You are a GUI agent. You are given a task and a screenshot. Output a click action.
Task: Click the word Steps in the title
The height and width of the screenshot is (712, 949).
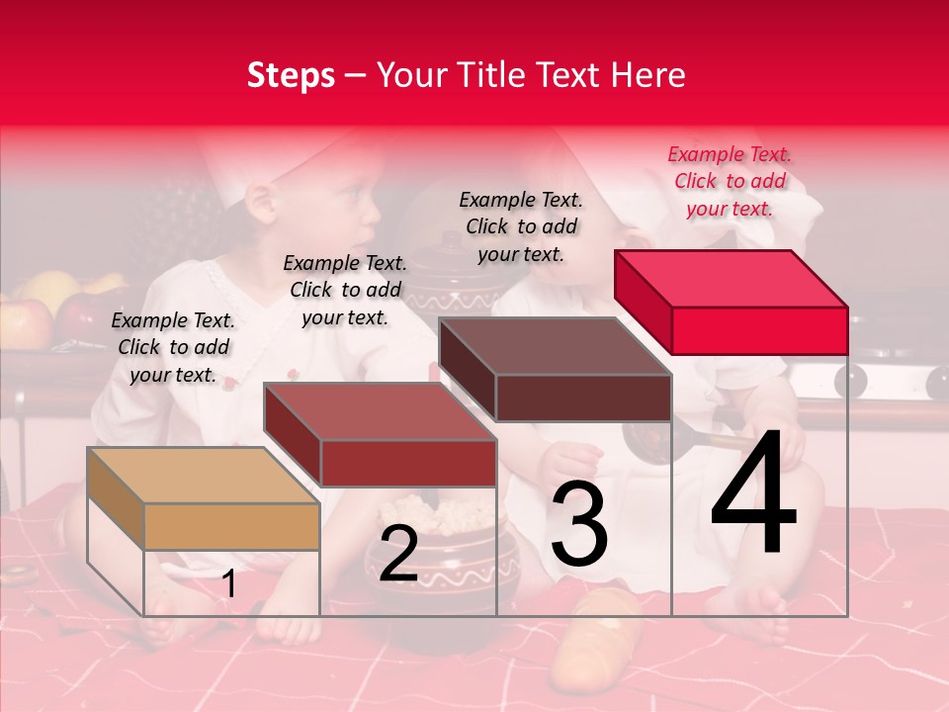coord(291,75)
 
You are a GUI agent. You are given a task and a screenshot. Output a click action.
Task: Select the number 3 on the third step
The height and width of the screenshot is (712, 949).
coord(578,525)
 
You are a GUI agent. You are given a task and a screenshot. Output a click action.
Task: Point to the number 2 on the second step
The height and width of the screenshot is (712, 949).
coord(398,554)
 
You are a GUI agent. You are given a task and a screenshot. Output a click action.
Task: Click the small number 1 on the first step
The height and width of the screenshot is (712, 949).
coord(228,583)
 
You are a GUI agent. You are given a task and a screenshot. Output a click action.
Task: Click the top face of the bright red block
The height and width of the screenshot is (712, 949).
coord(730,278)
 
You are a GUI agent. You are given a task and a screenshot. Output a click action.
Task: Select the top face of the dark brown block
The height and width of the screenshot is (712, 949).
coord(554,346)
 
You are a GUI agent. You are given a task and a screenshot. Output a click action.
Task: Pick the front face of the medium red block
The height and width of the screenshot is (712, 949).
coord(408,463)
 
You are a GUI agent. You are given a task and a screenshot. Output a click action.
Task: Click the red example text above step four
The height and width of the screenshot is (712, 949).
coord(730,181)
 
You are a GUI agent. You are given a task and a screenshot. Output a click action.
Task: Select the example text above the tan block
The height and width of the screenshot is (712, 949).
coord(173,347)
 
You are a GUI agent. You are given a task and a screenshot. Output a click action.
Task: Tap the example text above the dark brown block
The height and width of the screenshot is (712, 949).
coord(521,226)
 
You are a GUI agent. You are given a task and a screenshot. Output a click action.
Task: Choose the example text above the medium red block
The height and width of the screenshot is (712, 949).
coord(345,290)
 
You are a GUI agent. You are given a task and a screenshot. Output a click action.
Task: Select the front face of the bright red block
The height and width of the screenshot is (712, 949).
coord(759,330)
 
